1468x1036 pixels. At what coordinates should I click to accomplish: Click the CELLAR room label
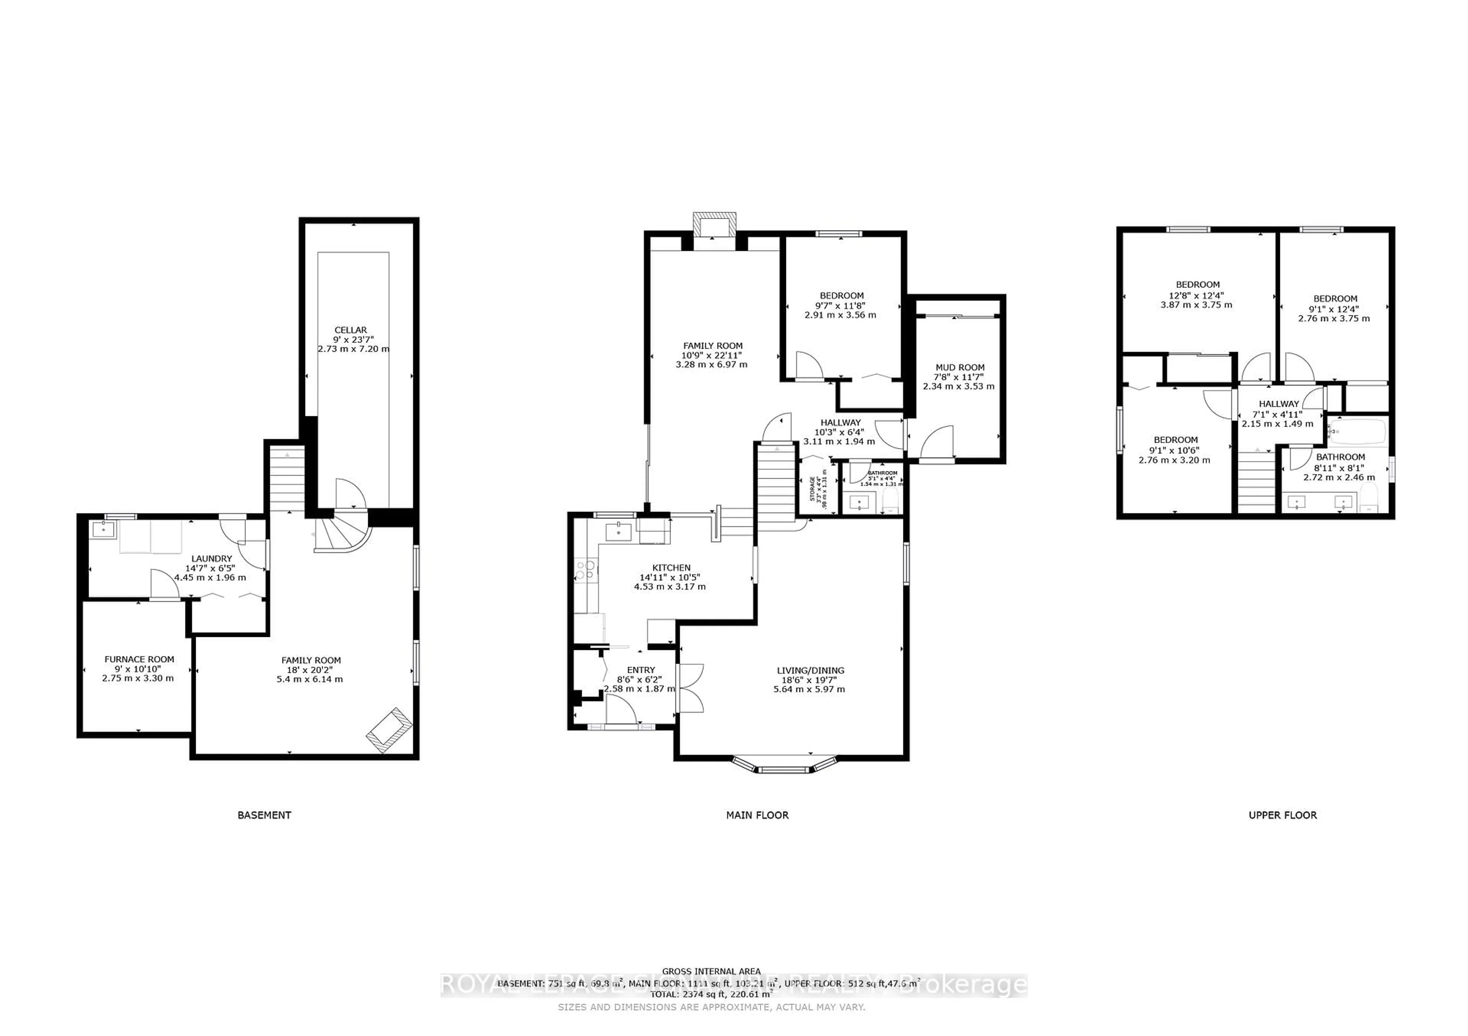click(x=351, y=330)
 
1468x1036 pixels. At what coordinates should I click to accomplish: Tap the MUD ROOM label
click(x=959, y=368)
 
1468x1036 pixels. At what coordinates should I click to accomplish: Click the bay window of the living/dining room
click(x=784, y=767)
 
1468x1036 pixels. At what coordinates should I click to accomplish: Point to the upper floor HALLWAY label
click(x=1279, y=404)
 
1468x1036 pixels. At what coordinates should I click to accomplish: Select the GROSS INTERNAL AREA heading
click(x=711, y=971)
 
